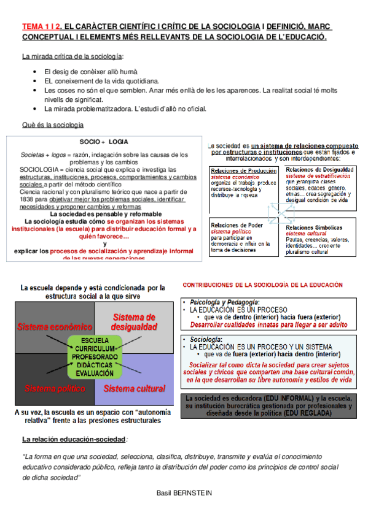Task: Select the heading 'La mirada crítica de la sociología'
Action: tap(72, 57)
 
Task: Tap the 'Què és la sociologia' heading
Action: tap(52, 125)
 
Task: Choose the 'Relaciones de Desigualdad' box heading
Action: tap(319, 169)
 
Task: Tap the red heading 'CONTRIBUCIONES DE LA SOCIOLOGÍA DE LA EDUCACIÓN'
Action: tap(264, 286)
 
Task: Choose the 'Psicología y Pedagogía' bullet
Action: tap(225, 303)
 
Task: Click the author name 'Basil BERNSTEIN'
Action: tap(184, 492)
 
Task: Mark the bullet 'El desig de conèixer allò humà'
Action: tap(90, 72)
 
